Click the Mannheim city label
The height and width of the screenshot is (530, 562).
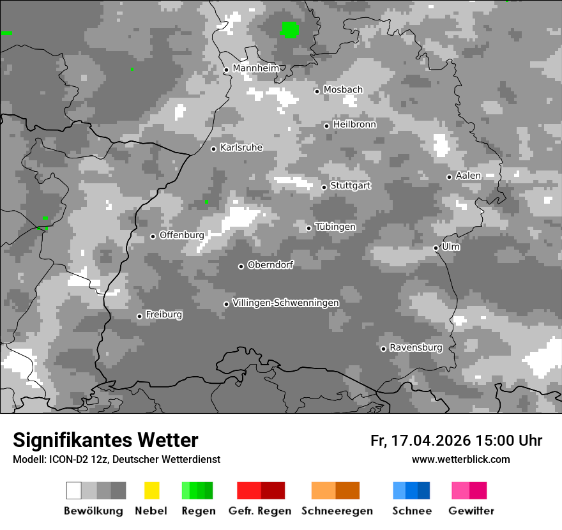coord(255,68)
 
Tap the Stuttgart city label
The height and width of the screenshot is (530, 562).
coord(350,186)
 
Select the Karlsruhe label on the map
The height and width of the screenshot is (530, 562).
coord(241,148)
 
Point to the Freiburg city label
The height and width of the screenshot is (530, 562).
coord(163,315)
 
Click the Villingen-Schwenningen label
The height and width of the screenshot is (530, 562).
coord(285,303)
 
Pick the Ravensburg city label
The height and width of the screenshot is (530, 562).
coord(416,348)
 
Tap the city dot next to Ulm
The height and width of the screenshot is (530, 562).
coord(436,248)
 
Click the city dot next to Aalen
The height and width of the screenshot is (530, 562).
coord(449,177)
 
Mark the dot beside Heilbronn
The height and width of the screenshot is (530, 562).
coord(326,126)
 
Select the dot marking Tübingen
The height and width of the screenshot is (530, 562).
coord(308,228)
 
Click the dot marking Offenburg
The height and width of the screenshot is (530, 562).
coord(153,236)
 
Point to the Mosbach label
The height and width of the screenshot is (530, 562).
coord(342,90)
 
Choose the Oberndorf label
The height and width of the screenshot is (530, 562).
coord(270,265)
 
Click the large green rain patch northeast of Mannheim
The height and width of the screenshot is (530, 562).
coord(289,29)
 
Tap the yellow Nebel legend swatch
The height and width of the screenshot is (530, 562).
coord(151,490)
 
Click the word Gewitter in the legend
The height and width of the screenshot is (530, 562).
coord(471,511)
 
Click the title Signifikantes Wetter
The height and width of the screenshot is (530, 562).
coord(105,440)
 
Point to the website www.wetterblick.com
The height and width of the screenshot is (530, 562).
coord(460,460)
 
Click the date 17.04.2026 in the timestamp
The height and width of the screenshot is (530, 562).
coord(430,441)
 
